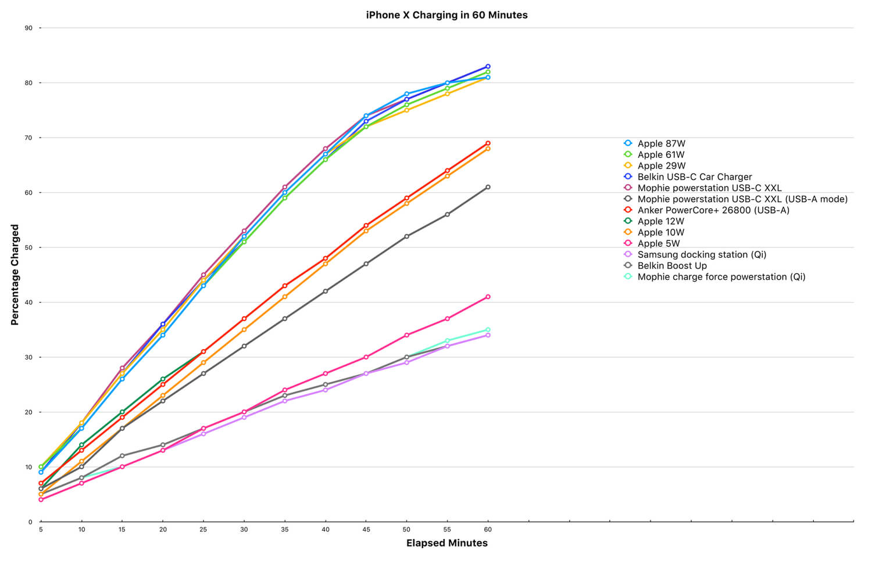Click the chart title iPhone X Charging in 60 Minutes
(x=446, y=15)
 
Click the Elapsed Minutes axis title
(x=447, y=543)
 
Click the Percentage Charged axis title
(x=15, y=275)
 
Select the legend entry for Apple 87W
(x=655, y=143)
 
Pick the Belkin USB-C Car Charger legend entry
(x=688, y=177)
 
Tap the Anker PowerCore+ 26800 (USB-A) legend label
(x=713, y=210)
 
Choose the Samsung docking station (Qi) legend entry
(x=695, y=254)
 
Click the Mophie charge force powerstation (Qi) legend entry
(x=714, y=277)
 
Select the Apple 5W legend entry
(x=652, y=244)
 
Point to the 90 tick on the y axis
(x=28, y=28)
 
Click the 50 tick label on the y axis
(x=28, y=247)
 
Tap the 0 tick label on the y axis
(x=30, y=522)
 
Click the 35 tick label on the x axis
(x=285, y=530)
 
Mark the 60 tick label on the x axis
(x=488, y=530)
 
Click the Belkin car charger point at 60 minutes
(x=488, y=66)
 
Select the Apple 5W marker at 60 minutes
(x=488, y=297)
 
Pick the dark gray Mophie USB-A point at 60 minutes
(x=488, y=188)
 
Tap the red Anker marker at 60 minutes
(x=488, y=143)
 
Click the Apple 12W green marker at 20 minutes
(x=163, y=379)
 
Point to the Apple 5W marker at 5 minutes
(x=41, y=499)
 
